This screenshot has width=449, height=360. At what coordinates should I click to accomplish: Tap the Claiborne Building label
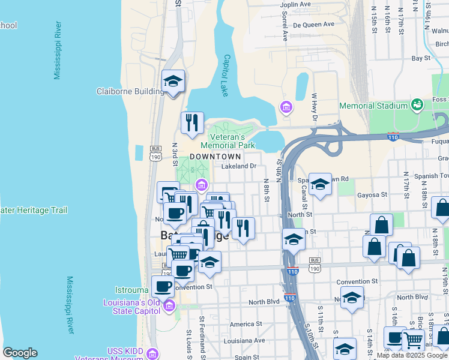130,92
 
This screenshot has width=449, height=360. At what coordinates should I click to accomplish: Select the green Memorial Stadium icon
417,106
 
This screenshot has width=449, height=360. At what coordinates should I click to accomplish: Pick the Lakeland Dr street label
239,166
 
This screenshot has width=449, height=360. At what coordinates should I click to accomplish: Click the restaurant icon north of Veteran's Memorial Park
192,123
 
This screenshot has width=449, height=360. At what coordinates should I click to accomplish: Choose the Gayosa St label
372,195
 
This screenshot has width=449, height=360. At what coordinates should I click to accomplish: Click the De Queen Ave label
313,25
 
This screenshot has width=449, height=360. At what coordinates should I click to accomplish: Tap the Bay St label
421,58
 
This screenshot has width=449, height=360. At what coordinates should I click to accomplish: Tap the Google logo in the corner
20,353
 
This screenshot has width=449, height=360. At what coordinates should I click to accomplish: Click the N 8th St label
267,189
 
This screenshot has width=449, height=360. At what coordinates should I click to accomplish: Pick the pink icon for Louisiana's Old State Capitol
169,307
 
